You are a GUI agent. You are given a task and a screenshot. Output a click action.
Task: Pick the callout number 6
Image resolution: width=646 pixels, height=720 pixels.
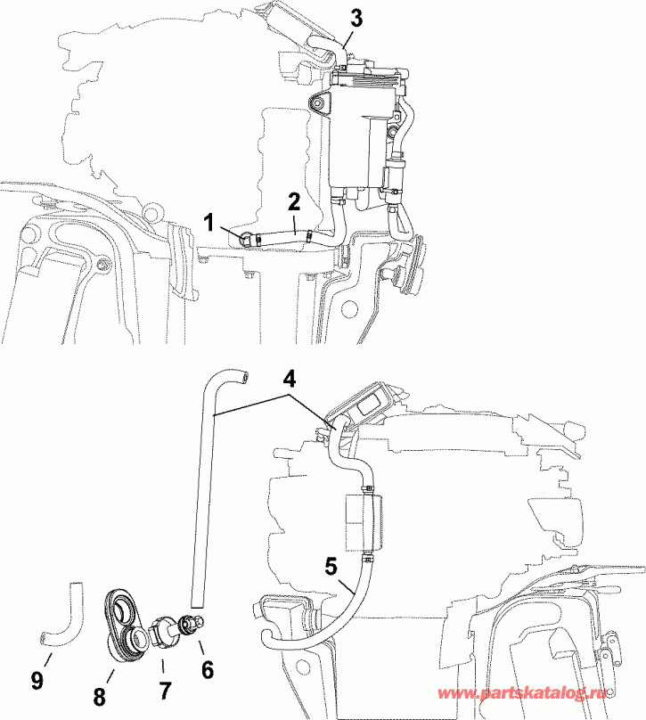207,668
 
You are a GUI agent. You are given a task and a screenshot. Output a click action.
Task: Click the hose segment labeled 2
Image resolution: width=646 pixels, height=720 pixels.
281,235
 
